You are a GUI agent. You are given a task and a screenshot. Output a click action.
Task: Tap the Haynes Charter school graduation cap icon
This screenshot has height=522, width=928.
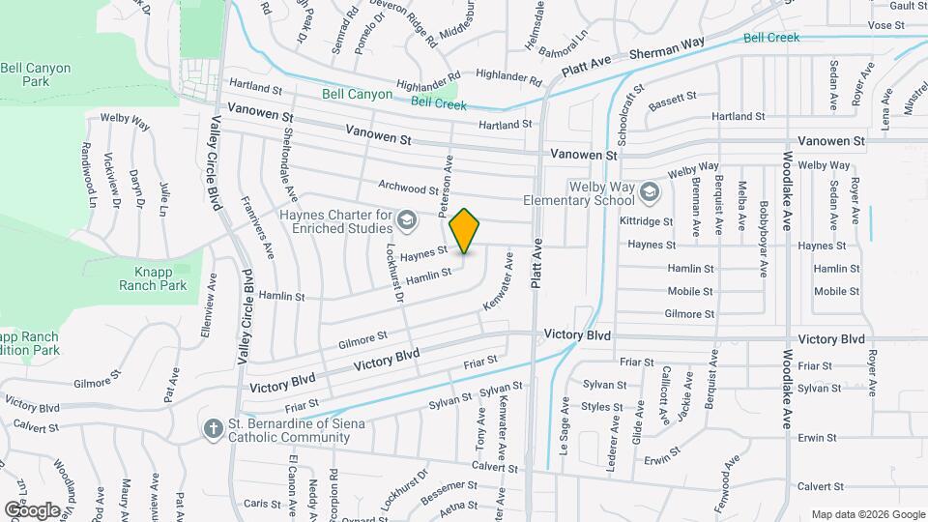[x=408, y=221]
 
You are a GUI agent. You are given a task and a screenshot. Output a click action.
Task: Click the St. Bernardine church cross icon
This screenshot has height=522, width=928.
[x=213, y=428]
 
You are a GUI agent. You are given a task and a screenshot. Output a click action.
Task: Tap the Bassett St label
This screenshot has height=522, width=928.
[x=673, y=99]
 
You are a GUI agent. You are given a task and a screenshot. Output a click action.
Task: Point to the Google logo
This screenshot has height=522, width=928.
[x=32, y=509]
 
